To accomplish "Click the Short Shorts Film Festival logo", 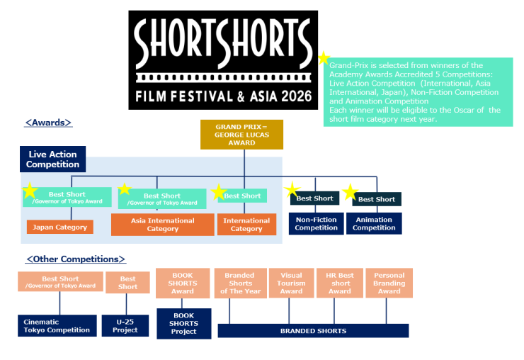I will [x=223, y=60].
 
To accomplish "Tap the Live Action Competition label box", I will [x=53, y=159].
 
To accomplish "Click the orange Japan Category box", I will [x=60, y=227].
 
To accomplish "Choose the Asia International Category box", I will [x=163, y=225].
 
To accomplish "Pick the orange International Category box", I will [x=246, y=225].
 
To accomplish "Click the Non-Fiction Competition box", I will [x=316, y=224].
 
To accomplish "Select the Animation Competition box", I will [x=374, y=224].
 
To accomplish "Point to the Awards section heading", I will [x=49, y=123].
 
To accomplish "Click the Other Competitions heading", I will [x=76, y=259].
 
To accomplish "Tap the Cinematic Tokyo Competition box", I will [x=57, y=326].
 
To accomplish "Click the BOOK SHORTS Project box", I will [x=183, y=323].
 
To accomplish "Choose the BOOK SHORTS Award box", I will [x=183, y=283].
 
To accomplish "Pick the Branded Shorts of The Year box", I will [x=239, y=283].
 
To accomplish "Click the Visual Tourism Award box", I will [x=291, y=283].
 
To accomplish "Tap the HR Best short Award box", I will [x=339, y=283].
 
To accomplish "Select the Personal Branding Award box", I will [x=389, y=283].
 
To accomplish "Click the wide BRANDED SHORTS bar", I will [x=313, y=330].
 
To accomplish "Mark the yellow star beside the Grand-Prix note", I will [x=324, y=58].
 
